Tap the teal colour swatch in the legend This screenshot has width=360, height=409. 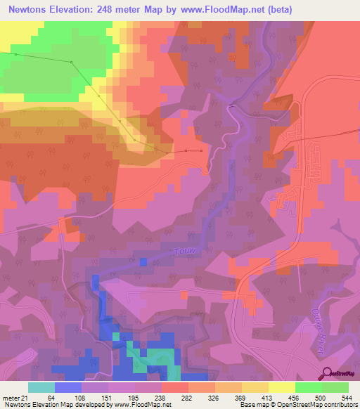(41, 387)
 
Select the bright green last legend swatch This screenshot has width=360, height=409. (335, 387)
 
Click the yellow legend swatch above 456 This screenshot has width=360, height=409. (282, 387)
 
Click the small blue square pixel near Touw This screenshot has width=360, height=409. (143, 262)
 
